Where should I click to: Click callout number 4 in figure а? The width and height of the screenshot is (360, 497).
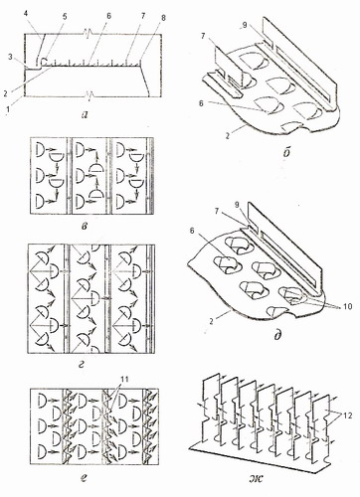27,14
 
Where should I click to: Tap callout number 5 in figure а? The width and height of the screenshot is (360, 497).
65,17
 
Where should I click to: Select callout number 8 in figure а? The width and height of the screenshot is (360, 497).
163,18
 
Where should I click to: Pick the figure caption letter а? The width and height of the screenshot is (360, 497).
85,114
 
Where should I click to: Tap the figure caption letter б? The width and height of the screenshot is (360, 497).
287,151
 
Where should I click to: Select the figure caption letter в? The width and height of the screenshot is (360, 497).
85,227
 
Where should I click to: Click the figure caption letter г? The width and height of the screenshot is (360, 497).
82,365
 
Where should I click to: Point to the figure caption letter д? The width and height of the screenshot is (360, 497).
277,335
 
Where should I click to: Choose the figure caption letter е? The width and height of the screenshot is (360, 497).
83,478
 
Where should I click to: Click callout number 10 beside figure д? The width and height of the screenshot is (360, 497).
347,306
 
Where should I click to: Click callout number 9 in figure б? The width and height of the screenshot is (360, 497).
245,26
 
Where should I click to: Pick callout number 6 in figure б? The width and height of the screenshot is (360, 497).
201,103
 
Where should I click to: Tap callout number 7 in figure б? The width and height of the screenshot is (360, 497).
202,36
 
